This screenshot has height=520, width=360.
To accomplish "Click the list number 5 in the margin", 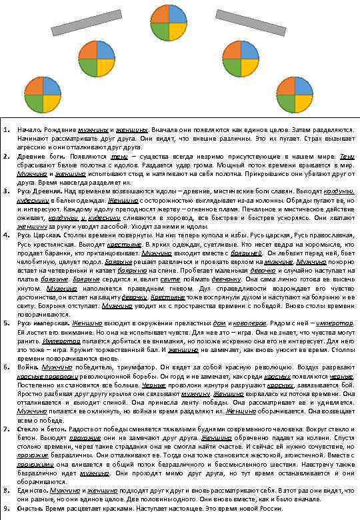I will pyautogui.click(x=5, y=322).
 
